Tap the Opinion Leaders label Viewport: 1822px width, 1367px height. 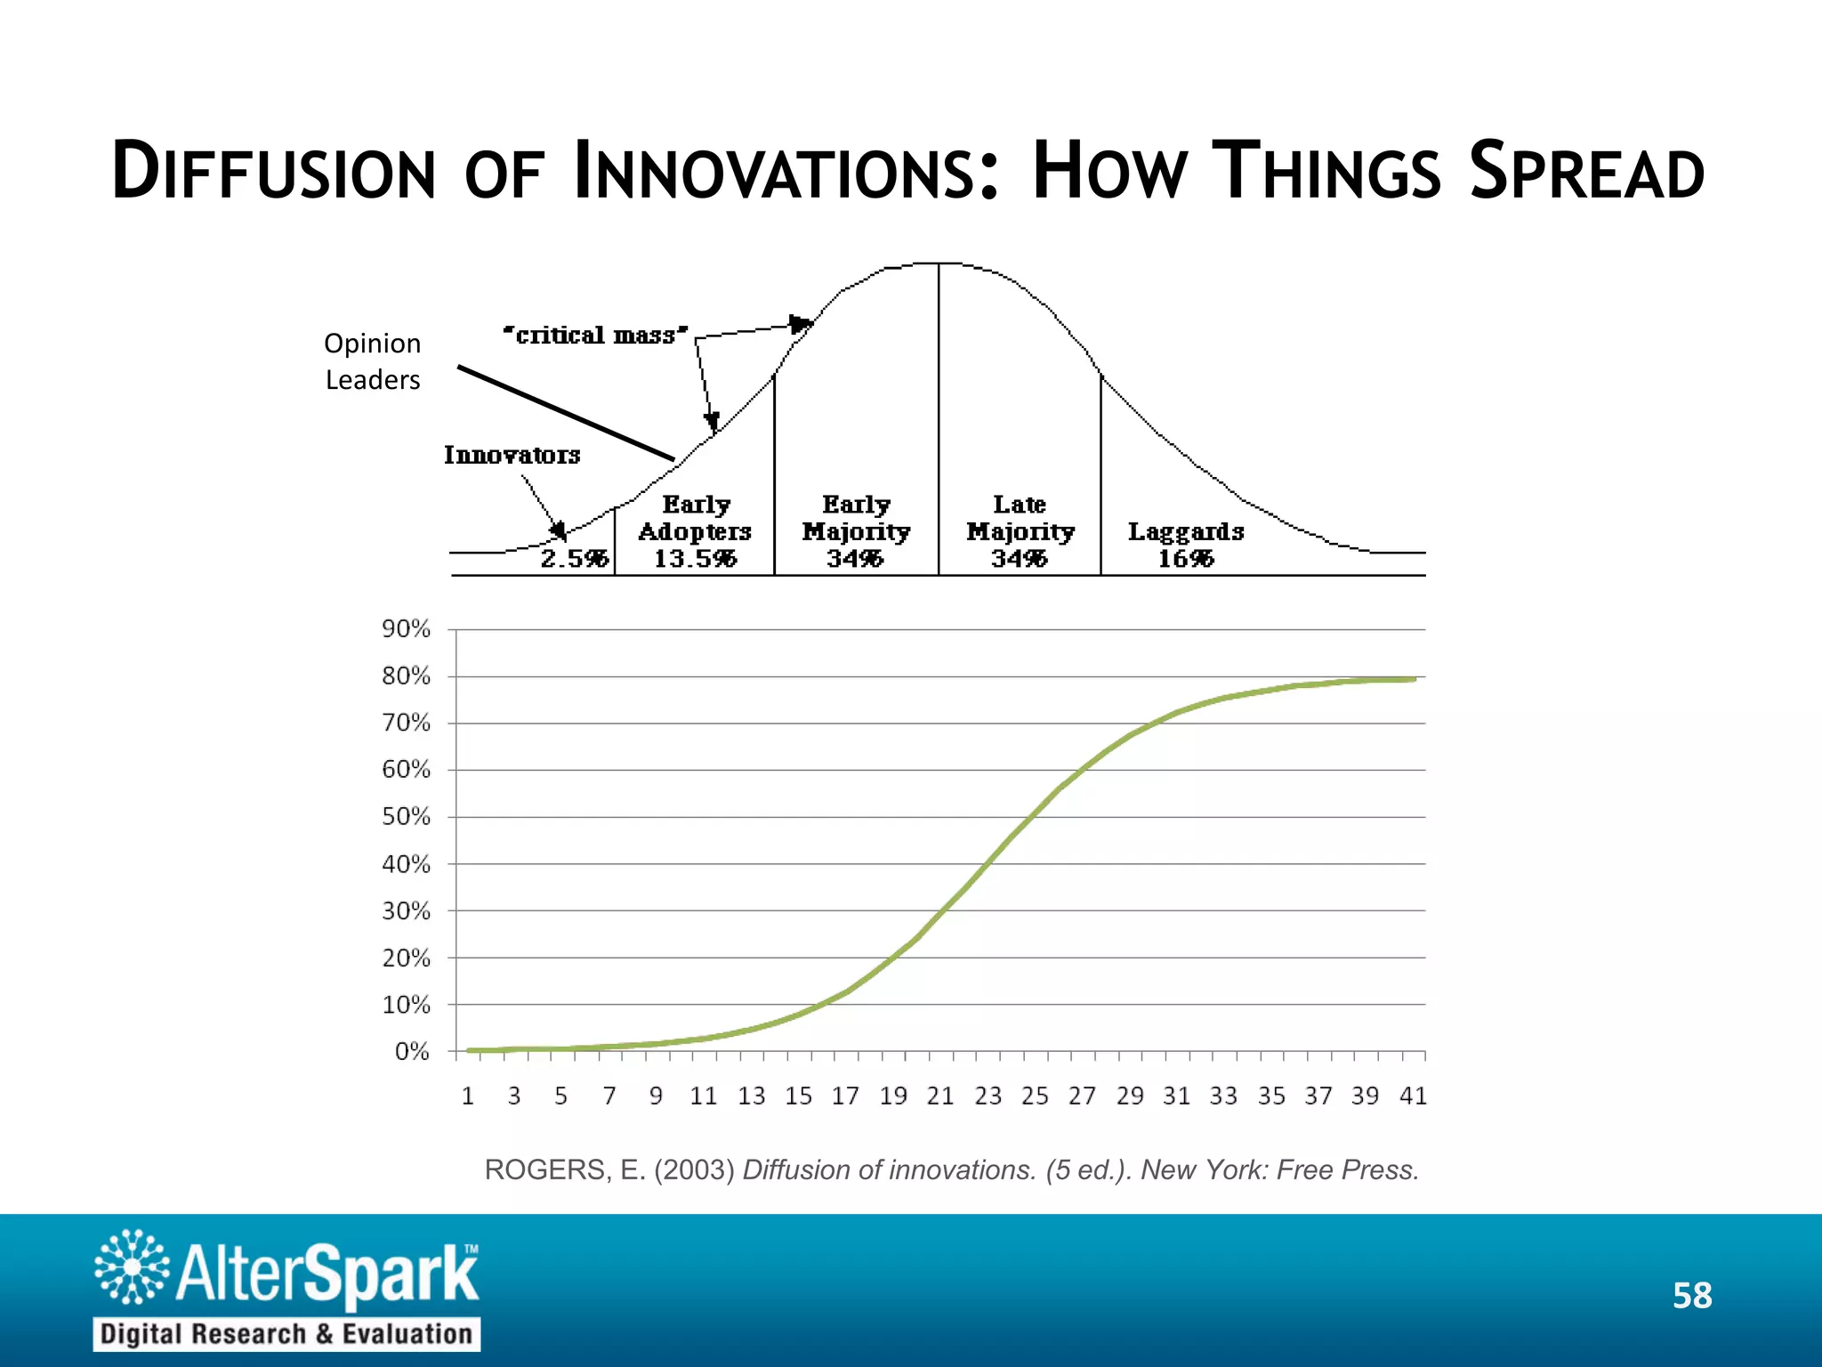pyautogui.click(x=372, y=361)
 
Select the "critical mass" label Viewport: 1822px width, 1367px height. pyautogui.click(x=595, y=336)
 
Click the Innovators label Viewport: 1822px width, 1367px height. pyautogui.click(x=512, y=455)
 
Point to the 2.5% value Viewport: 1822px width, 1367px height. pyautogui.click(x=574, y=559)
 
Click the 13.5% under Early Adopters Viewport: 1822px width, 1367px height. pyautogui.click(x=695, y=559)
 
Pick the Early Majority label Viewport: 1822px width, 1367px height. pyautogui.click(x=856, y=518)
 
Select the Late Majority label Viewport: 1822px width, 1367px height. pyautogui.click(x=1020, y=518)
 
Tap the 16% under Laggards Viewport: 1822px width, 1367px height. pyautogui.click(x=1185, y=559)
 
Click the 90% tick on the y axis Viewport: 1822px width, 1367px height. pyautogui.click(x=406, y=629)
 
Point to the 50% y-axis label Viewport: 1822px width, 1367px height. pyautogui.click(x=406, y=817)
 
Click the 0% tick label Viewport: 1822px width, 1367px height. pyautogui.click(x=412, y=1052)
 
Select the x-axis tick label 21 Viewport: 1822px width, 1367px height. pyautogui.click(x=939, y=1096)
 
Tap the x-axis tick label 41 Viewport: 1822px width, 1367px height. pyautogui.click(x=1413, y=1096)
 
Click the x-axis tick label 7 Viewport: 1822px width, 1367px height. pyautogui.click(x=609, y=1096)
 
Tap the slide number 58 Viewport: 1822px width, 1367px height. pyautogui.click(x=1691, y=1296)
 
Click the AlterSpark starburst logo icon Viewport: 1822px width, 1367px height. pyautogui.click(x=132, y=1266)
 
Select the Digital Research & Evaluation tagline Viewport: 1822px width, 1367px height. pyautogui.click(x=286, y=1334)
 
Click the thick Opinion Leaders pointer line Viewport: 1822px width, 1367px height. pyautogui.click(x=566, y=413)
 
